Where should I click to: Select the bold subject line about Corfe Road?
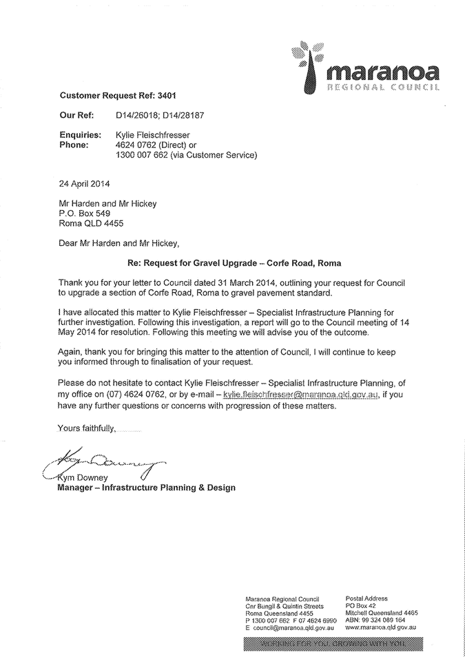pyautogui.click(x=234, y=263)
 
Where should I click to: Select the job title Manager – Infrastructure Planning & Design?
pyautogui.click(x=146, y=488)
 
